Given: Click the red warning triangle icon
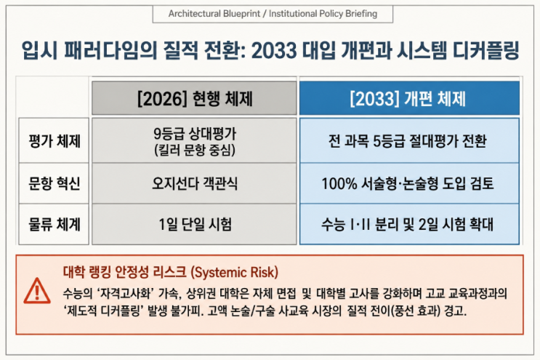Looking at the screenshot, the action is pos(37,292).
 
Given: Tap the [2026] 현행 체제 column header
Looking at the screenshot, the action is pos(194,98).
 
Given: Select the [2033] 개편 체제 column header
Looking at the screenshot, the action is pos(409,98).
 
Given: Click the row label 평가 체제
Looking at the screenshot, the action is pos(55,141).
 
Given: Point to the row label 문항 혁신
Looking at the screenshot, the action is pos(55,183).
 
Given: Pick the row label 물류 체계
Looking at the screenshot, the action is pos(55,224).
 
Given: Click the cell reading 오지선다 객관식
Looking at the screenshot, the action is pos(195,183).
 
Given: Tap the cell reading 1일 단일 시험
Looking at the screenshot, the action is pos(195,224).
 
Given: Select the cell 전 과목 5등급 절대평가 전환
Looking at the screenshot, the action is pos(408,141).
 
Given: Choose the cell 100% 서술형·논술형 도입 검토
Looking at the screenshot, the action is pos(408,183).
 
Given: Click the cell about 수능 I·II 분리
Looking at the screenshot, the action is pos(408,224).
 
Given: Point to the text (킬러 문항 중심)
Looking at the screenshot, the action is pos(195,151).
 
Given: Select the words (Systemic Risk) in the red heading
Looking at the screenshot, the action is pos(234,273).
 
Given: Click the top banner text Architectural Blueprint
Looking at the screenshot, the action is pos(214,14).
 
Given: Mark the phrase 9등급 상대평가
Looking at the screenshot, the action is pos(195,134).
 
